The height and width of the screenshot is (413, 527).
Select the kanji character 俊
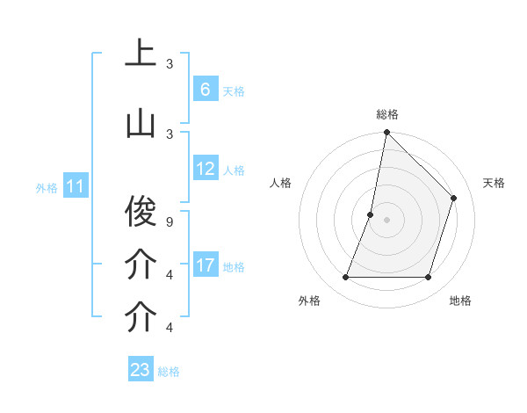coord(141,210)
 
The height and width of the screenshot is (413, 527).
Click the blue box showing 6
coord(205,90)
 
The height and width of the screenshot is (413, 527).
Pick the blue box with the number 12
coord(206,170)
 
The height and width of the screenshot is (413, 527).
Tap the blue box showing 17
coord(206,265)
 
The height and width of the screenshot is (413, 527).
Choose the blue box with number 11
coord(76,186)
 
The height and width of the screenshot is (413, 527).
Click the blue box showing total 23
coord(141,370)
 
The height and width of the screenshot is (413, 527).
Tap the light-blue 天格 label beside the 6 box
coord(234,91)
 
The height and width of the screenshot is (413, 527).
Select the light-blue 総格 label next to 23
coord(169,372)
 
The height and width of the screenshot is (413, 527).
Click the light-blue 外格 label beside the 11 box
coord(47,187)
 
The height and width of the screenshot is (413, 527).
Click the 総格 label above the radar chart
coord(386,114)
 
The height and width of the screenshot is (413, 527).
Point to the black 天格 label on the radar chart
coord(494,183)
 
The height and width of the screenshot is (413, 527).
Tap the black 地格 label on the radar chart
coord(460,301)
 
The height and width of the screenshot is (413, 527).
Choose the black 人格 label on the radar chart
coord(280,183)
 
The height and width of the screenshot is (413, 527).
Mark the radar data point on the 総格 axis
coord(386,132)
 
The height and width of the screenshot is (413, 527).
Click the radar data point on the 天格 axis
coord(454,198)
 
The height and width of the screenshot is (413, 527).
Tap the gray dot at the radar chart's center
coord(386,220)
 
